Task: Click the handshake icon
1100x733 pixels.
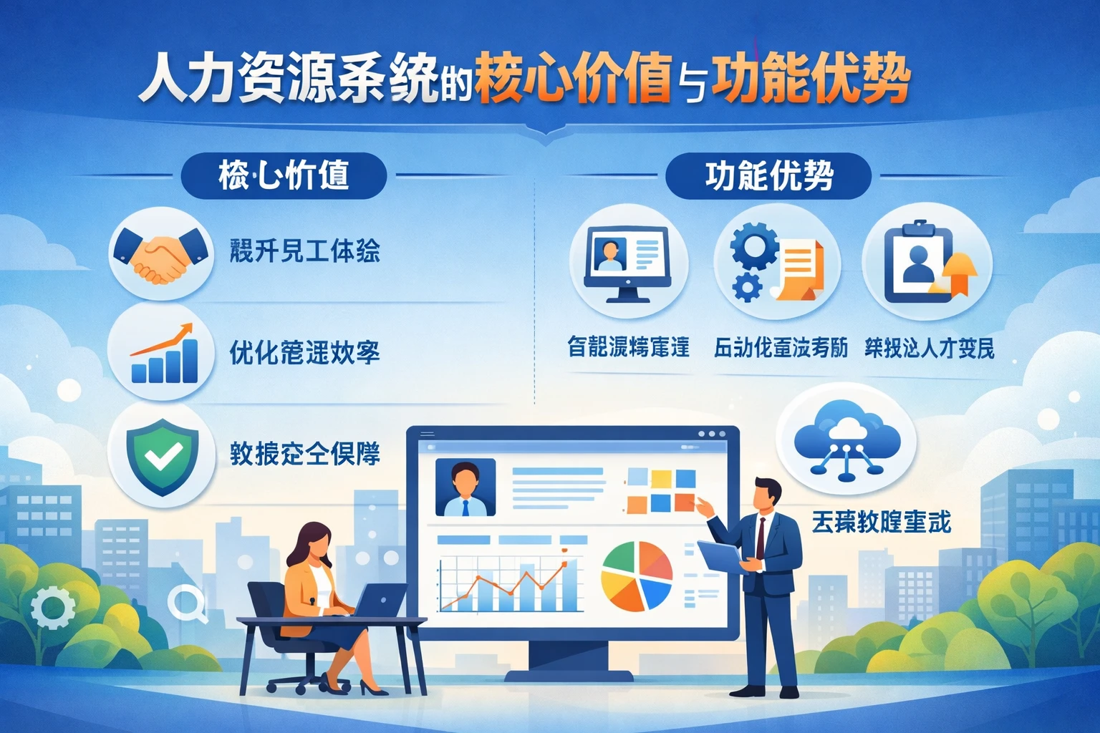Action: [161, 255]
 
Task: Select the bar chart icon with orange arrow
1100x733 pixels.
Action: [164, 354]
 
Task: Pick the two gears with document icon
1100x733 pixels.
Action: [778, 261]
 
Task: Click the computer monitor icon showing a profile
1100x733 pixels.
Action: [627, 262]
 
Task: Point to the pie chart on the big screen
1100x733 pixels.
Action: [636, 576]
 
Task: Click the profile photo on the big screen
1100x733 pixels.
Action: [465, 487]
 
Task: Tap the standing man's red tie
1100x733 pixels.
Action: [761, 537]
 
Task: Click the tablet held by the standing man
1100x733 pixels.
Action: [720, 555]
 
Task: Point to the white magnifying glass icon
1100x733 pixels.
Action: [186, 602]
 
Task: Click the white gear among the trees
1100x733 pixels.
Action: [53, 607]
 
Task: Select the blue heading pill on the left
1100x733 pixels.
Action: [284, 176]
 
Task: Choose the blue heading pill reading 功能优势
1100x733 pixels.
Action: [768, 176]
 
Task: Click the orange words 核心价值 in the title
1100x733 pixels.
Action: [572, 77]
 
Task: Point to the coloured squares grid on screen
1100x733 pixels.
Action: [660, 490]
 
